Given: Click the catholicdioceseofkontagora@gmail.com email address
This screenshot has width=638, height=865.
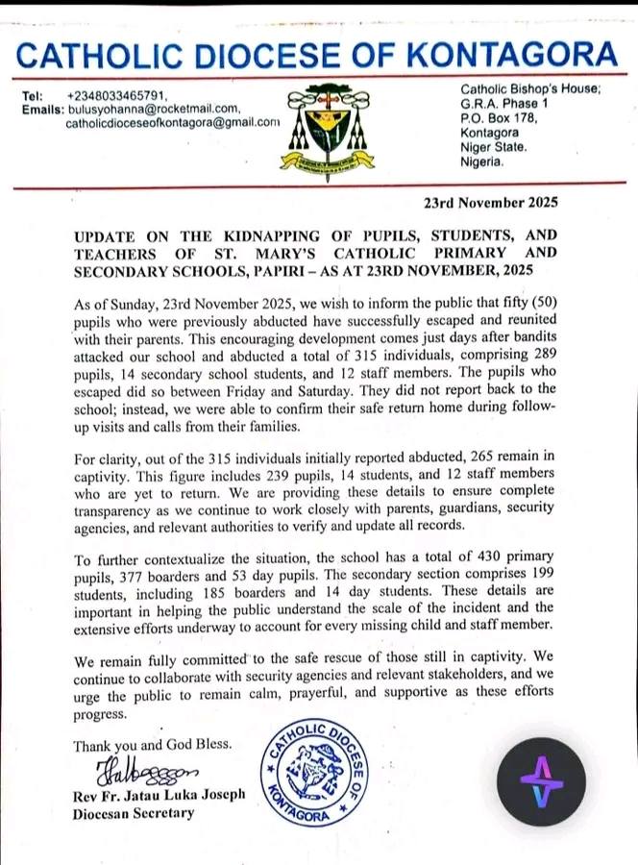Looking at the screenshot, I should coord(173,123).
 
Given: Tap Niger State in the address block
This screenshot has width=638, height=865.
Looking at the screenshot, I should coord(493,147).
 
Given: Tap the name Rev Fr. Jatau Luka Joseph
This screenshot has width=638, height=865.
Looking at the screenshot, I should coord(159,797).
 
